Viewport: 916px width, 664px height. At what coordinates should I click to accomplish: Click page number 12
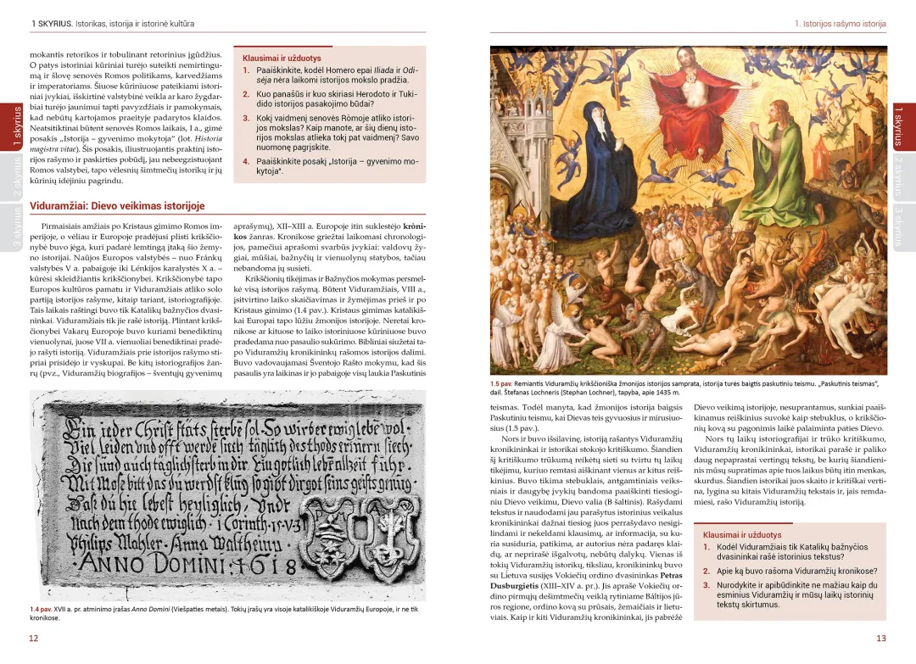[33, 639]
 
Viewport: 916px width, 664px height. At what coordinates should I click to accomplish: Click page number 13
[881, 639]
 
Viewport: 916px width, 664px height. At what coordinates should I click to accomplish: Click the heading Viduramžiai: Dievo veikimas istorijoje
[117, 206]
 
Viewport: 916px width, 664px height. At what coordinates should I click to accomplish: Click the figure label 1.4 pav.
[40, 609]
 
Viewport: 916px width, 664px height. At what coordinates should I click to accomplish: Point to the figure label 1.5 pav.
[501, 383]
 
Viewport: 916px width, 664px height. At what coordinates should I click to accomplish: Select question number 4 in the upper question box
[246, 161]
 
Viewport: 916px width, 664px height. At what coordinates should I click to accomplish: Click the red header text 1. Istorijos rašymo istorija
[840, 24]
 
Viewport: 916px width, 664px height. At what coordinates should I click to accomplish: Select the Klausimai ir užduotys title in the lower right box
[742, 535]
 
